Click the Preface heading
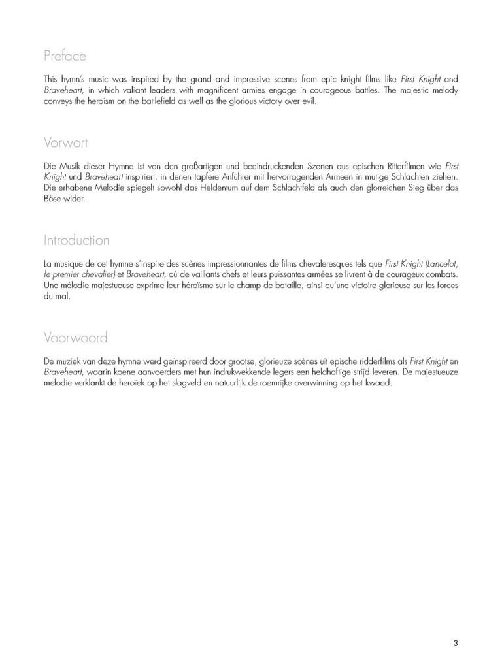click(65, 56)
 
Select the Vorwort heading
click(66, 142)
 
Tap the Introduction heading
click(76, 240)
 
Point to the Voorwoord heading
click(75, 338)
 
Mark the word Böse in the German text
click(54, 199)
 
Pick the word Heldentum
click(176, 188)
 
